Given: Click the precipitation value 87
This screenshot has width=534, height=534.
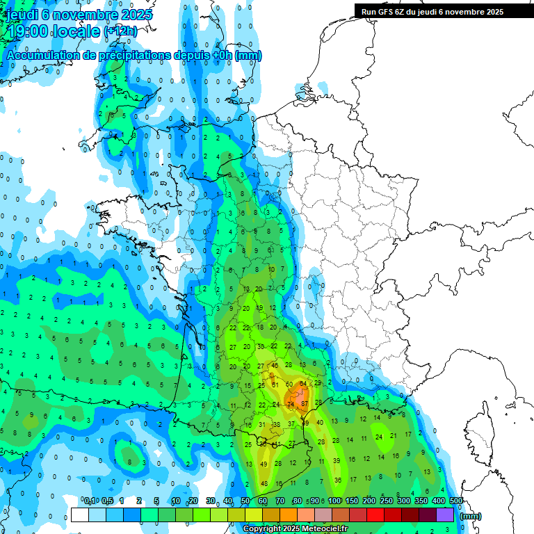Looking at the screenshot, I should [x=305, y=403].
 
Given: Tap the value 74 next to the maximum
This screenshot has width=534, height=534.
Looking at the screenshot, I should [x=291, y=404].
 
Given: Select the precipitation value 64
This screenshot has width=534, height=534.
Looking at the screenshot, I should [x=302, y=385].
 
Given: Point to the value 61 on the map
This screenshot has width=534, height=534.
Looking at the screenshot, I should [x=275, y=385].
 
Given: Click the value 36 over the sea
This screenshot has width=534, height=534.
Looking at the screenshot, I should [x=338, y=480].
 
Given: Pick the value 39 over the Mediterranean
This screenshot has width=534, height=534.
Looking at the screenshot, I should [x=337, y=460].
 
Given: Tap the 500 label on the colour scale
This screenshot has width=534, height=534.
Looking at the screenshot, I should [x=456, y=501].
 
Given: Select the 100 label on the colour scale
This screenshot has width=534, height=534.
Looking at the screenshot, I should [x=334, y=501].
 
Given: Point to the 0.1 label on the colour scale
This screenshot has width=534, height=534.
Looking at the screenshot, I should [x=90, y=501].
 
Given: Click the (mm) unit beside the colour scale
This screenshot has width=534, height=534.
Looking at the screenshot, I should [x=471, y=516].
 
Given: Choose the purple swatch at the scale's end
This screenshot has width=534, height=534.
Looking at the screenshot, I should [x=445, y=515].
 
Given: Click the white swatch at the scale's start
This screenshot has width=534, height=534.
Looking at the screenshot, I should [x=80, y=515].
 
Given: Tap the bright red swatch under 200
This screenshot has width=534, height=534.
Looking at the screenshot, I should [x=375, y=515].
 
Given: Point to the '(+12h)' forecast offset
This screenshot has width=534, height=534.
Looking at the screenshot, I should [x=120, y=31].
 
